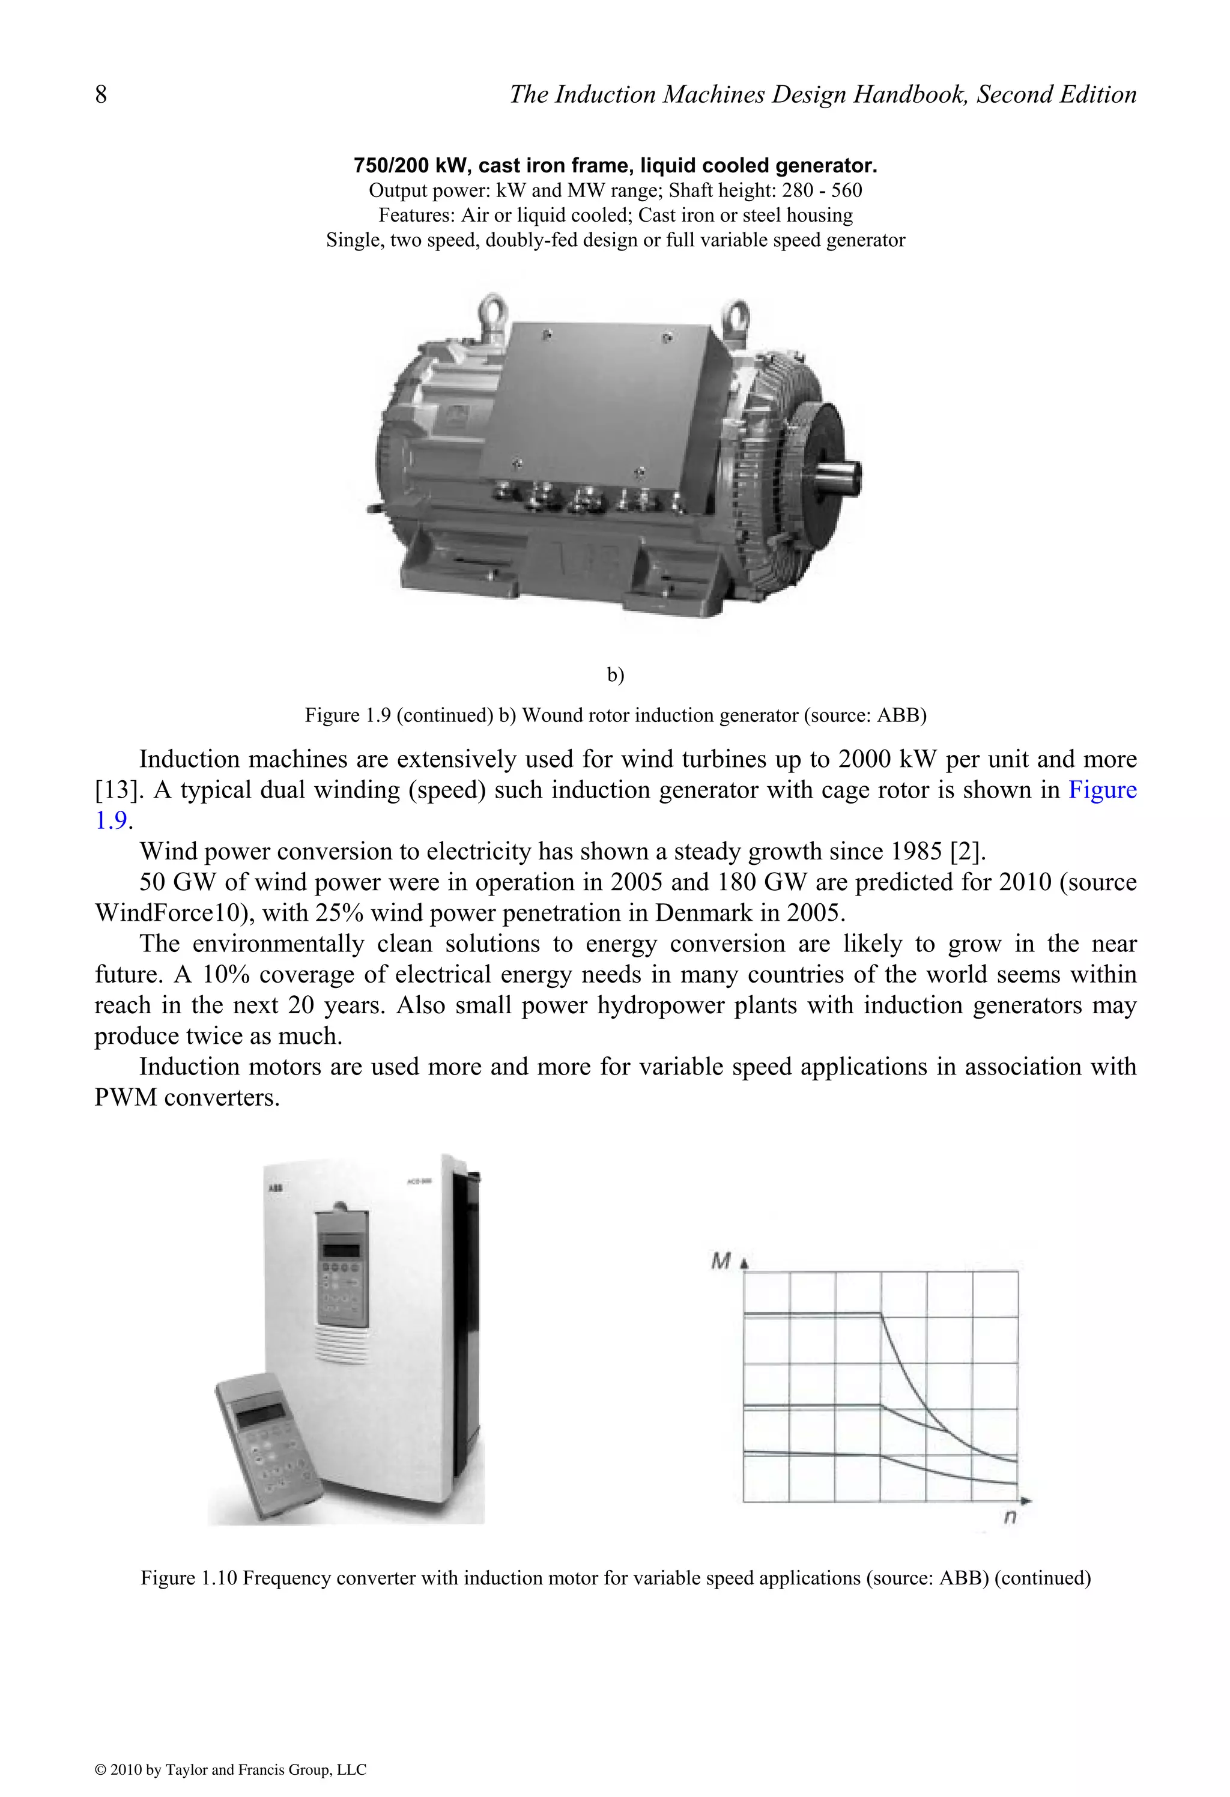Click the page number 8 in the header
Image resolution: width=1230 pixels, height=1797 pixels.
point(100,94)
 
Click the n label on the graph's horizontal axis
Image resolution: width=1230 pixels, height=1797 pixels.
point(1010,1518)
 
